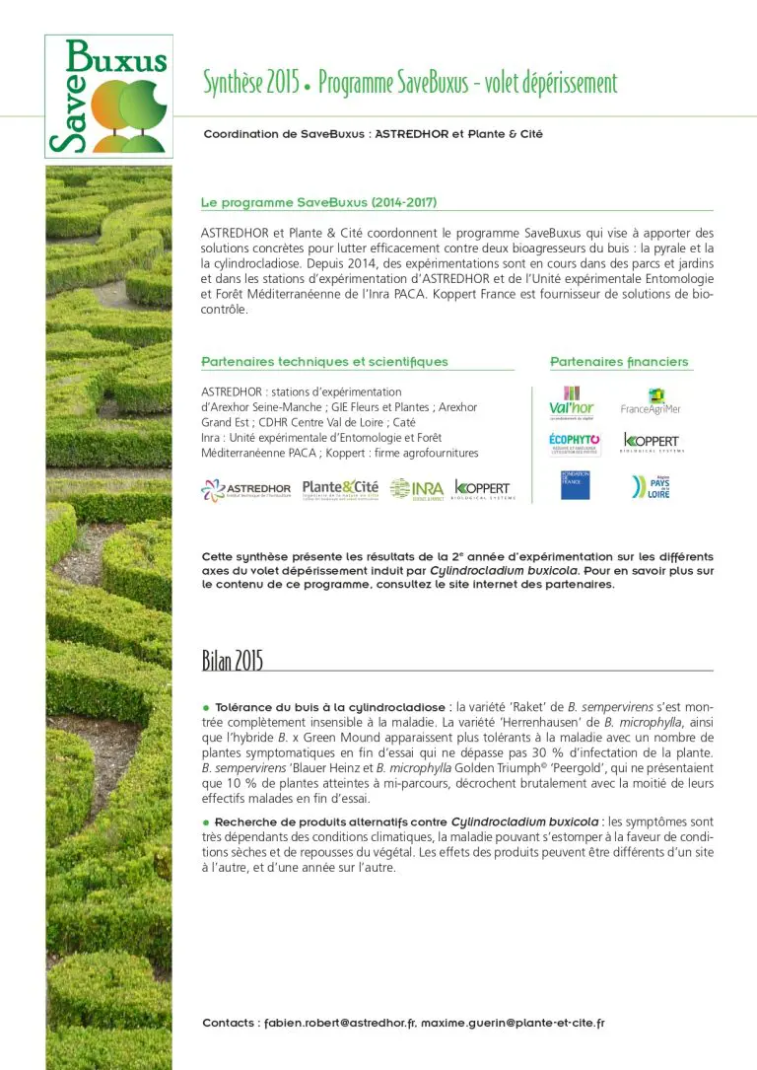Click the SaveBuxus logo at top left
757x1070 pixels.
pyautogui.click(x=108, y=96)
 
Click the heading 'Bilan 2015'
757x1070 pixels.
pyautogui.click(x=233, y=660)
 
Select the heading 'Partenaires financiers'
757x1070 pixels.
pyautogui.click(x=619, y=362)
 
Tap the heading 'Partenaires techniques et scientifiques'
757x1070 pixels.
pyautogui.click(x=324, y=362)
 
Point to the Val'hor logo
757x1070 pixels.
pyautogui.click(x=572, y=402)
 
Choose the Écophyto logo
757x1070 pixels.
pyautogui.click(x=575, y=444)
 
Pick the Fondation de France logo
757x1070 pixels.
pyautogui.click(x=575, y=485)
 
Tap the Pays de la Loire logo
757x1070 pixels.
pyautogui.click(x=651, y=486)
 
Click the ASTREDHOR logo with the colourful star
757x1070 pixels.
pyautogui.click(x=246, y=489)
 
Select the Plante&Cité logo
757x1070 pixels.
pyautogui.click(x=340, y=488)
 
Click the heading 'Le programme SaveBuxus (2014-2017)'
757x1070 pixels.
pyautogui.click(x=318, y=202)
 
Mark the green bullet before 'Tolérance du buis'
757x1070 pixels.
pyautogui.click(x=206, y=708)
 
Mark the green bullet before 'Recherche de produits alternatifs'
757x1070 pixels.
pyautogui.click(x=206, y=821)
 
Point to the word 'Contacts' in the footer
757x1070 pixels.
pyautogui.click(x=231, y=1023)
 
